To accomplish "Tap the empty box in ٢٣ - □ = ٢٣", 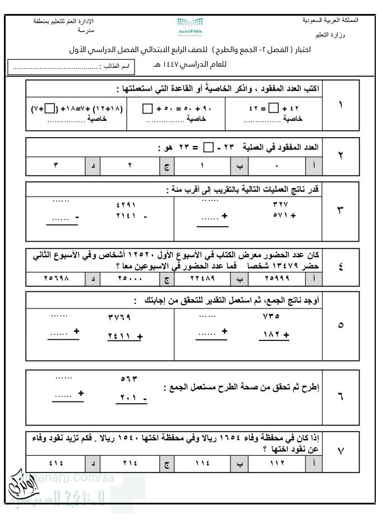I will pos(208,148).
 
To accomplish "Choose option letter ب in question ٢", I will pos(239,166).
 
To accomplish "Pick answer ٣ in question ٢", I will pos(56,166).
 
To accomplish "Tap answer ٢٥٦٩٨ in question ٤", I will pos(56,278).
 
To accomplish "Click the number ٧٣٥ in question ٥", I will pos(271,316).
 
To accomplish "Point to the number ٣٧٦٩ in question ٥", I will pos(119,317).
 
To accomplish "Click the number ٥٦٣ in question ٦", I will pos(129,378).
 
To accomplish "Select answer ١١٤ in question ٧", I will pos(203,462).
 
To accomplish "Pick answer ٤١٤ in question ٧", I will pos(56,462).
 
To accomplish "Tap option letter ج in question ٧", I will pos(167,462).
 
